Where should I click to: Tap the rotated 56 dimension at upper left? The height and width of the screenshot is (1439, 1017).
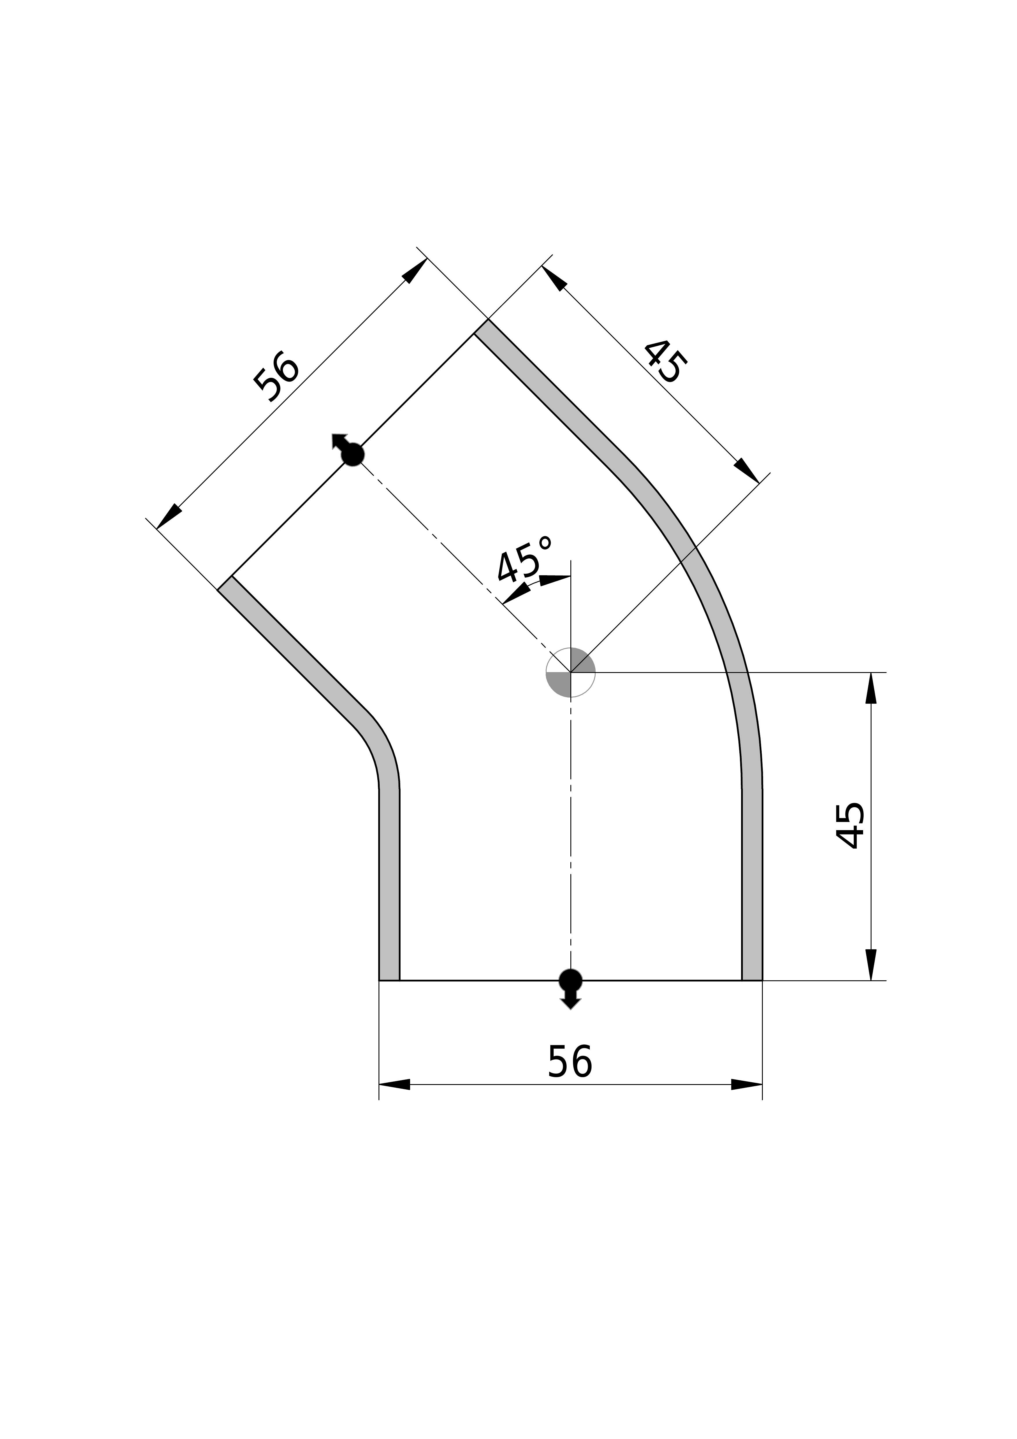click(276, 376)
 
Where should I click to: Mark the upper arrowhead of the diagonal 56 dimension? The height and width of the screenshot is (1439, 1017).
click(415, 271)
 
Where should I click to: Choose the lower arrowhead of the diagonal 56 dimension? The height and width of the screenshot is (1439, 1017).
click(169, 516)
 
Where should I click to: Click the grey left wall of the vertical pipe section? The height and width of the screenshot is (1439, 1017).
click(389, 884)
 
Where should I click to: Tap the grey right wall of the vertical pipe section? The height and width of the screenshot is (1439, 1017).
click(752, 884)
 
